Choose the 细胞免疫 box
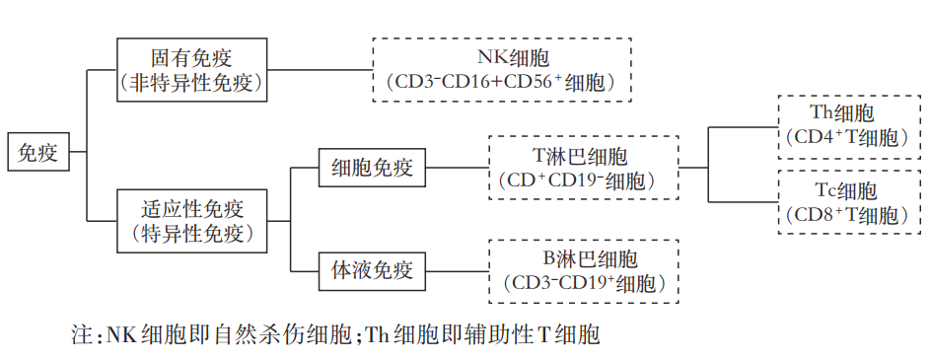click(372, 168)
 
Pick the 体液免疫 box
click(372, 269)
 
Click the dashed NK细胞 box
click(501, 69)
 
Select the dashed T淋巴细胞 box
click(585, 168)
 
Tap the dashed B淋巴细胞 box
click(585, 269)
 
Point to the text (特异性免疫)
click(192, 234)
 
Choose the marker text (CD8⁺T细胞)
click(842, 214)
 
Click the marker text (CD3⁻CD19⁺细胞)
click(585, 283)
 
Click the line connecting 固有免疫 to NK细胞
click(321, 70)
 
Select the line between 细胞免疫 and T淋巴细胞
click(457, 168)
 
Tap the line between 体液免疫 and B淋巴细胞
click(457, 269)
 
